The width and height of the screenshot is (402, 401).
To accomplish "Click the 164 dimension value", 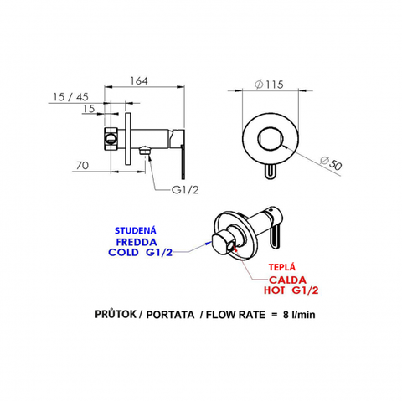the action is pyautogui.click(x=139, y=80).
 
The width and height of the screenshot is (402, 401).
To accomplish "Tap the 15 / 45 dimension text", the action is pyautogui.click(x=70, y=97).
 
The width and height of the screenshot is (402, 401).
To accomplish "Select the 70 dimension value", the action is pyautogui.click(x=82, y=166).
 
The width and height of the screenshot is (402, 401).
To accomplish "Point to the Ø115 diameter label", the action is pyautogui.click(x=269, y=85).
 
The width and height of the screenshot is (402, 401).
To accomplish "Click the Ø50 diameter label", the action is pyautogui.click(x=331, y=163).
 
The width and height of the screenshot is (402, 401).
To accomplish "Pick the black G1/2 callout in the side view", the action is pyautogui.click(x=185, y=190).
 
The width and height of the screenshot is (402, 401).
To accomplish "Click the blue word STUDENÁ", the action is pyautogui.click(x=136, y=231).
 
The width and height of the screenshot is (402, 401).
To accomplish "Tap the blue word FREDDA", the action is pyautogui.click(x=137, y=242).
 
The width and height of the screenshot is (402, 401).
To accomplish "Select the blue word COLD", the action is pyautogui.click(x=123, y=253).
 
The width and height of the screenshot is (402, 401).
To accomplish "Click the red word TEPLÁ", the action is pyautogui.click(x=282, y=267).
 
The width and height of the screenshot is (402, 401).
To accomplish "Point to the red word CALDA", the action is pyautogui.click(x=287, y=280).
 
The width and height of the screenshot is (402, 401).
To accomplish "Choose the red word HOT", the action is pyautogui.click(x=275, y=290).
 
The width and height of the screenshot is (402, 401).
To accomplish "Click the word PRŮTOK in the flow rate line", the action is pyautogui.click(x=116, y=314).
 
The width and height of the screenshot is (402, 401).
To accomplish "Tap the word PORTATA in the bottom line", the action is pyautogui.click(x=170, y=315).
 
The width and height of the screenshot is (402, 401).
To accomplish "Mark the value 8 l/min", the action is pyautogui.click(x=299, y=315).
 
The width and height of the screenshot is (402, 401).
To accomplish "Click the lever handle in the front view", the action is pyautogui.click(x=270, y=171).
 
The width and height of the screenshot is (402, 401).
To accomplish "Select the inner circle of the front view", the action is pyautogui.click(x=271, y=139).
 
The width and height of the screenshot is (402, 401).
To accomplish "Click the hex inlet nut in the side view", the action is pyautogui.click(x=111, y=139).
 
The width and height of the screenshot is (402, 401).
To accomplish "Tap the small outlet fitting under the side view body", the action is pyautogui.click(x=145, y=151).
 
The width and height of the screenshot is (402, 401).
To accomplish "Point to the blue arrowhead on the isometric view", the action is pyautogui.click(x=209, y=243).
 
